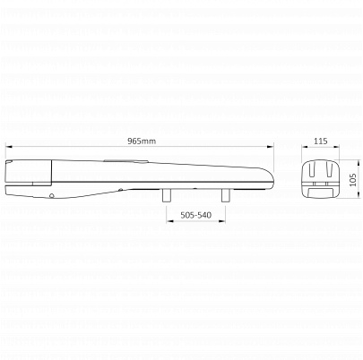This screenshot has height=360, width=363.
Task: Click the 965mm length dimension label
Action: coord(142,141)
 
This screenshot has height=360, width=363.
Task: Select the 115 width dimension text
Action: coord(321,141)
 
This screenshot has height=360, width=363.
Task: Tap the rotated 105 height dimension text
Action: coord(353,180)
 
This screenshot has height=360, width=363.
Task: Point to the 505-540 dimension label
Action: coord(195,215)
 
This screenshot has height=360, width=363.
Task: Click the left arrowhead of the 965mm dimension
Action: coord(8,146)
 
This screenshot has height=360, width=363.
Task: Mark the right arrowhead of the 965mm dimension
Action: coord(271,146)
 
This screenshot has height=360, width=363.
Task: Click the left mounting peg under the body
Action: coord(167,195)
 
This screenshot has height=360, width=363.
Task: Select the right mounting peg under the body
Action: coord(225,195)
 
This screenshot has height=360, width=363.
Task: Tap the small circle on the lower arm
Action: coord(52,196)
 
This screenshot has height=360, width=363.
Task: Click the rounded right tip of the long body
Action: coord(273,177)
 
